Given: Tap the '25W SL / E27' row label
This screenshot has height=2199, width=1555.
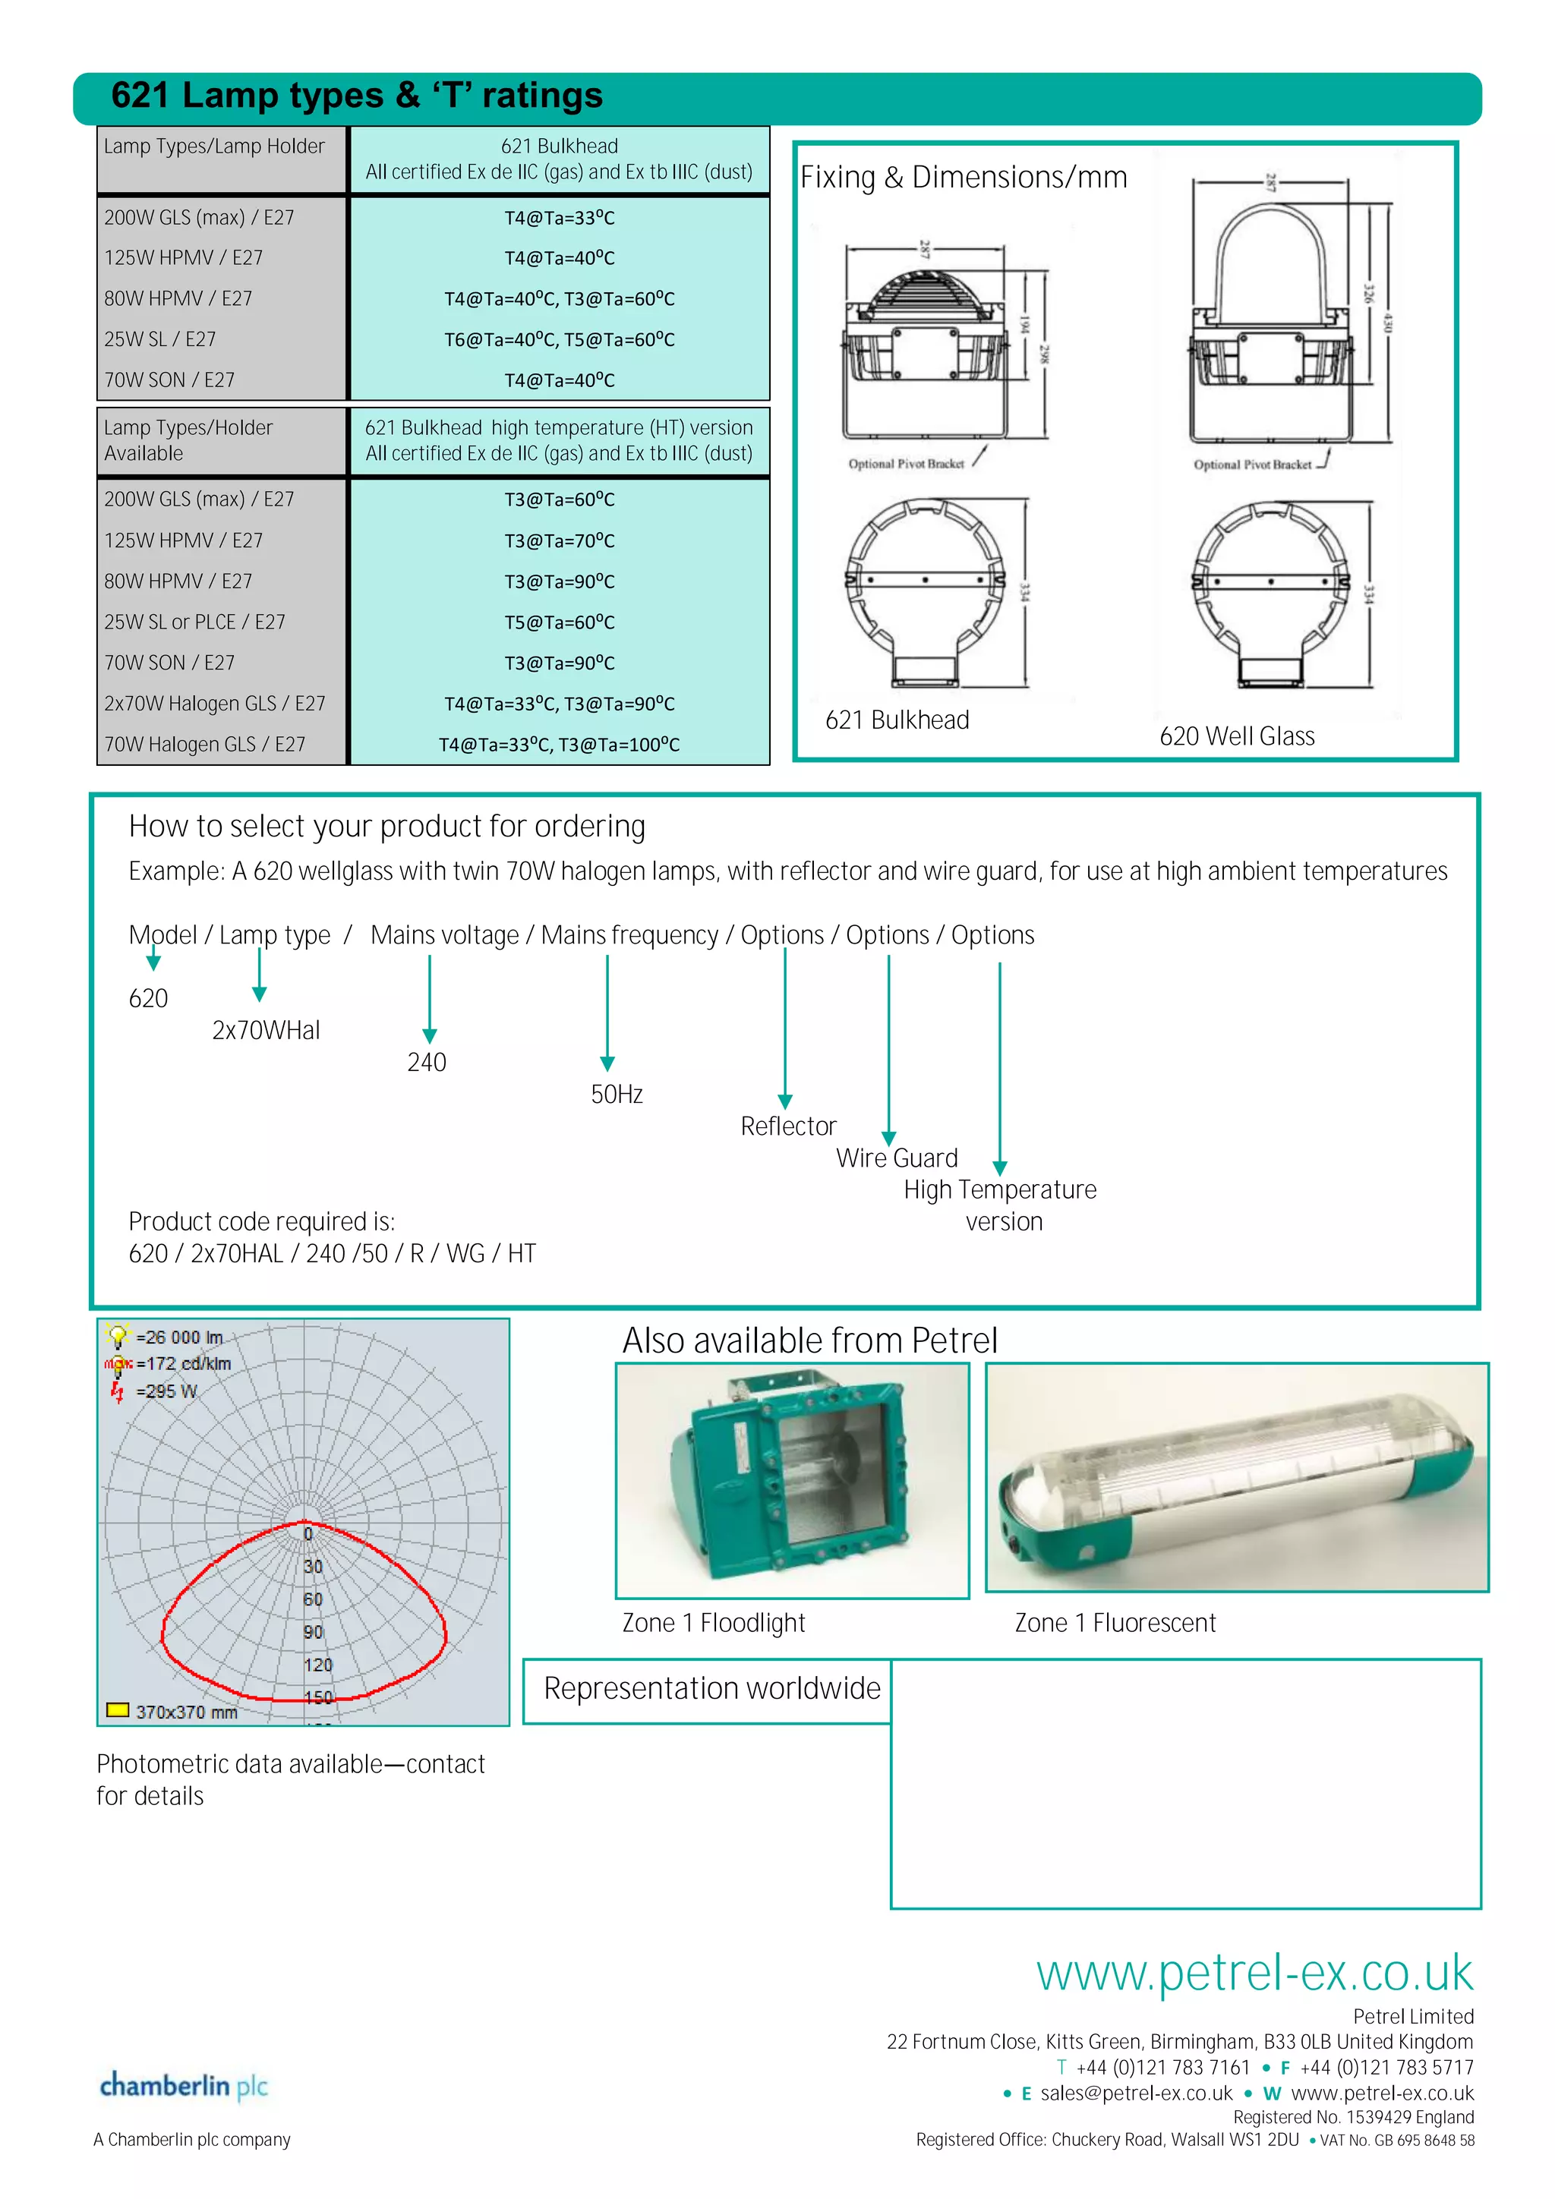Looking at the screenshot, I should point(160,339).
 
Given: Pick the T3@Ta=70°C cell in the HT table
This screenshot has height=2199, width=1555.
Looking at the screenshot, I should point(560,541).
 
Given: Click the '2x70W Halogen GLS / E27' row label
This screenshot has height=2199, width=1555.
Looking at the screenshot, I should point(215,704).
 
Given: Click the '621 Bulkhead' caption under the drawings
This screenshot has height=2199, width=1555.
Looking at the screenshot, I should point(897,720).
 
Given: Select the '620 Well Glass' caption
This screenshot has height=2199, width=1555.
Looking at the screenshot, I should point(1236,736).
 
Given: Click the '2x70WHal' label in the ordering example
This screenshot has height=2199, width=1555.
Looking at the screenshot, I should point(266,1031).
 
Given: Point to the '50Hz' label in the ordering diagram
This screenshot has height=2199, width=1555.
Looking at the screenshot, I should point(616,1095).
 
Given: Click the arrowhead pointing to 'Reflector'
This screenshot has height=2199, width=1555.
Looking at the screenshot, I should point(784,1102).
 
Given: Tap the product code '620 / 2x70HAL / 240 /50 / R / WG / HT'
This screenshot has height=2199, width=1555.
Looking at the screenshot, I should point(332,1254).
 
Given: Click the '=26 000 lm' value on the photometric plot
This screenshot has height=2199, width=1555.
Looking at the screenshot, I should point(179,1337).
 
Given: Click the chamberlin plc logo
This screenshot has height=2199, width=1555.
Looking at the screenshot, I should point(183,2086).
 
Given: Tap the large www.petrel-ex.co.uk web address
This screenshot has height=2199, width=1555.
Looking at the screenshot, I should point(1254,1973).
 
